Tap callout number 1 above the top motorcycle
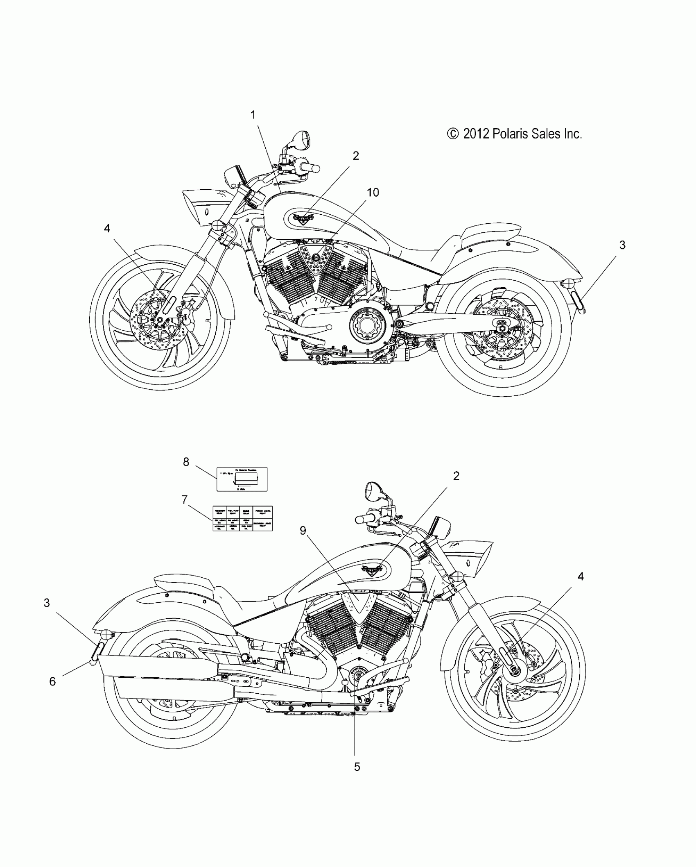(253, 115)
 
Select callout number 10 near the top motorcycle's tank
(373, 193)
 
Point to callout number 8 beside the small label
(186, 462)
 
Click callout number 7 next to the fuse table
(185, 499)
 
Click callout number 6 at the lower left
(52, 681)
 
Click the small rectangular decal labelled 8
(242, 479)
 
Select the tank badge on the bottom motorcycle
(372, 570)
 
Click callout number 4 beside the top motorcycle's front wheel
(107, 228)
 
